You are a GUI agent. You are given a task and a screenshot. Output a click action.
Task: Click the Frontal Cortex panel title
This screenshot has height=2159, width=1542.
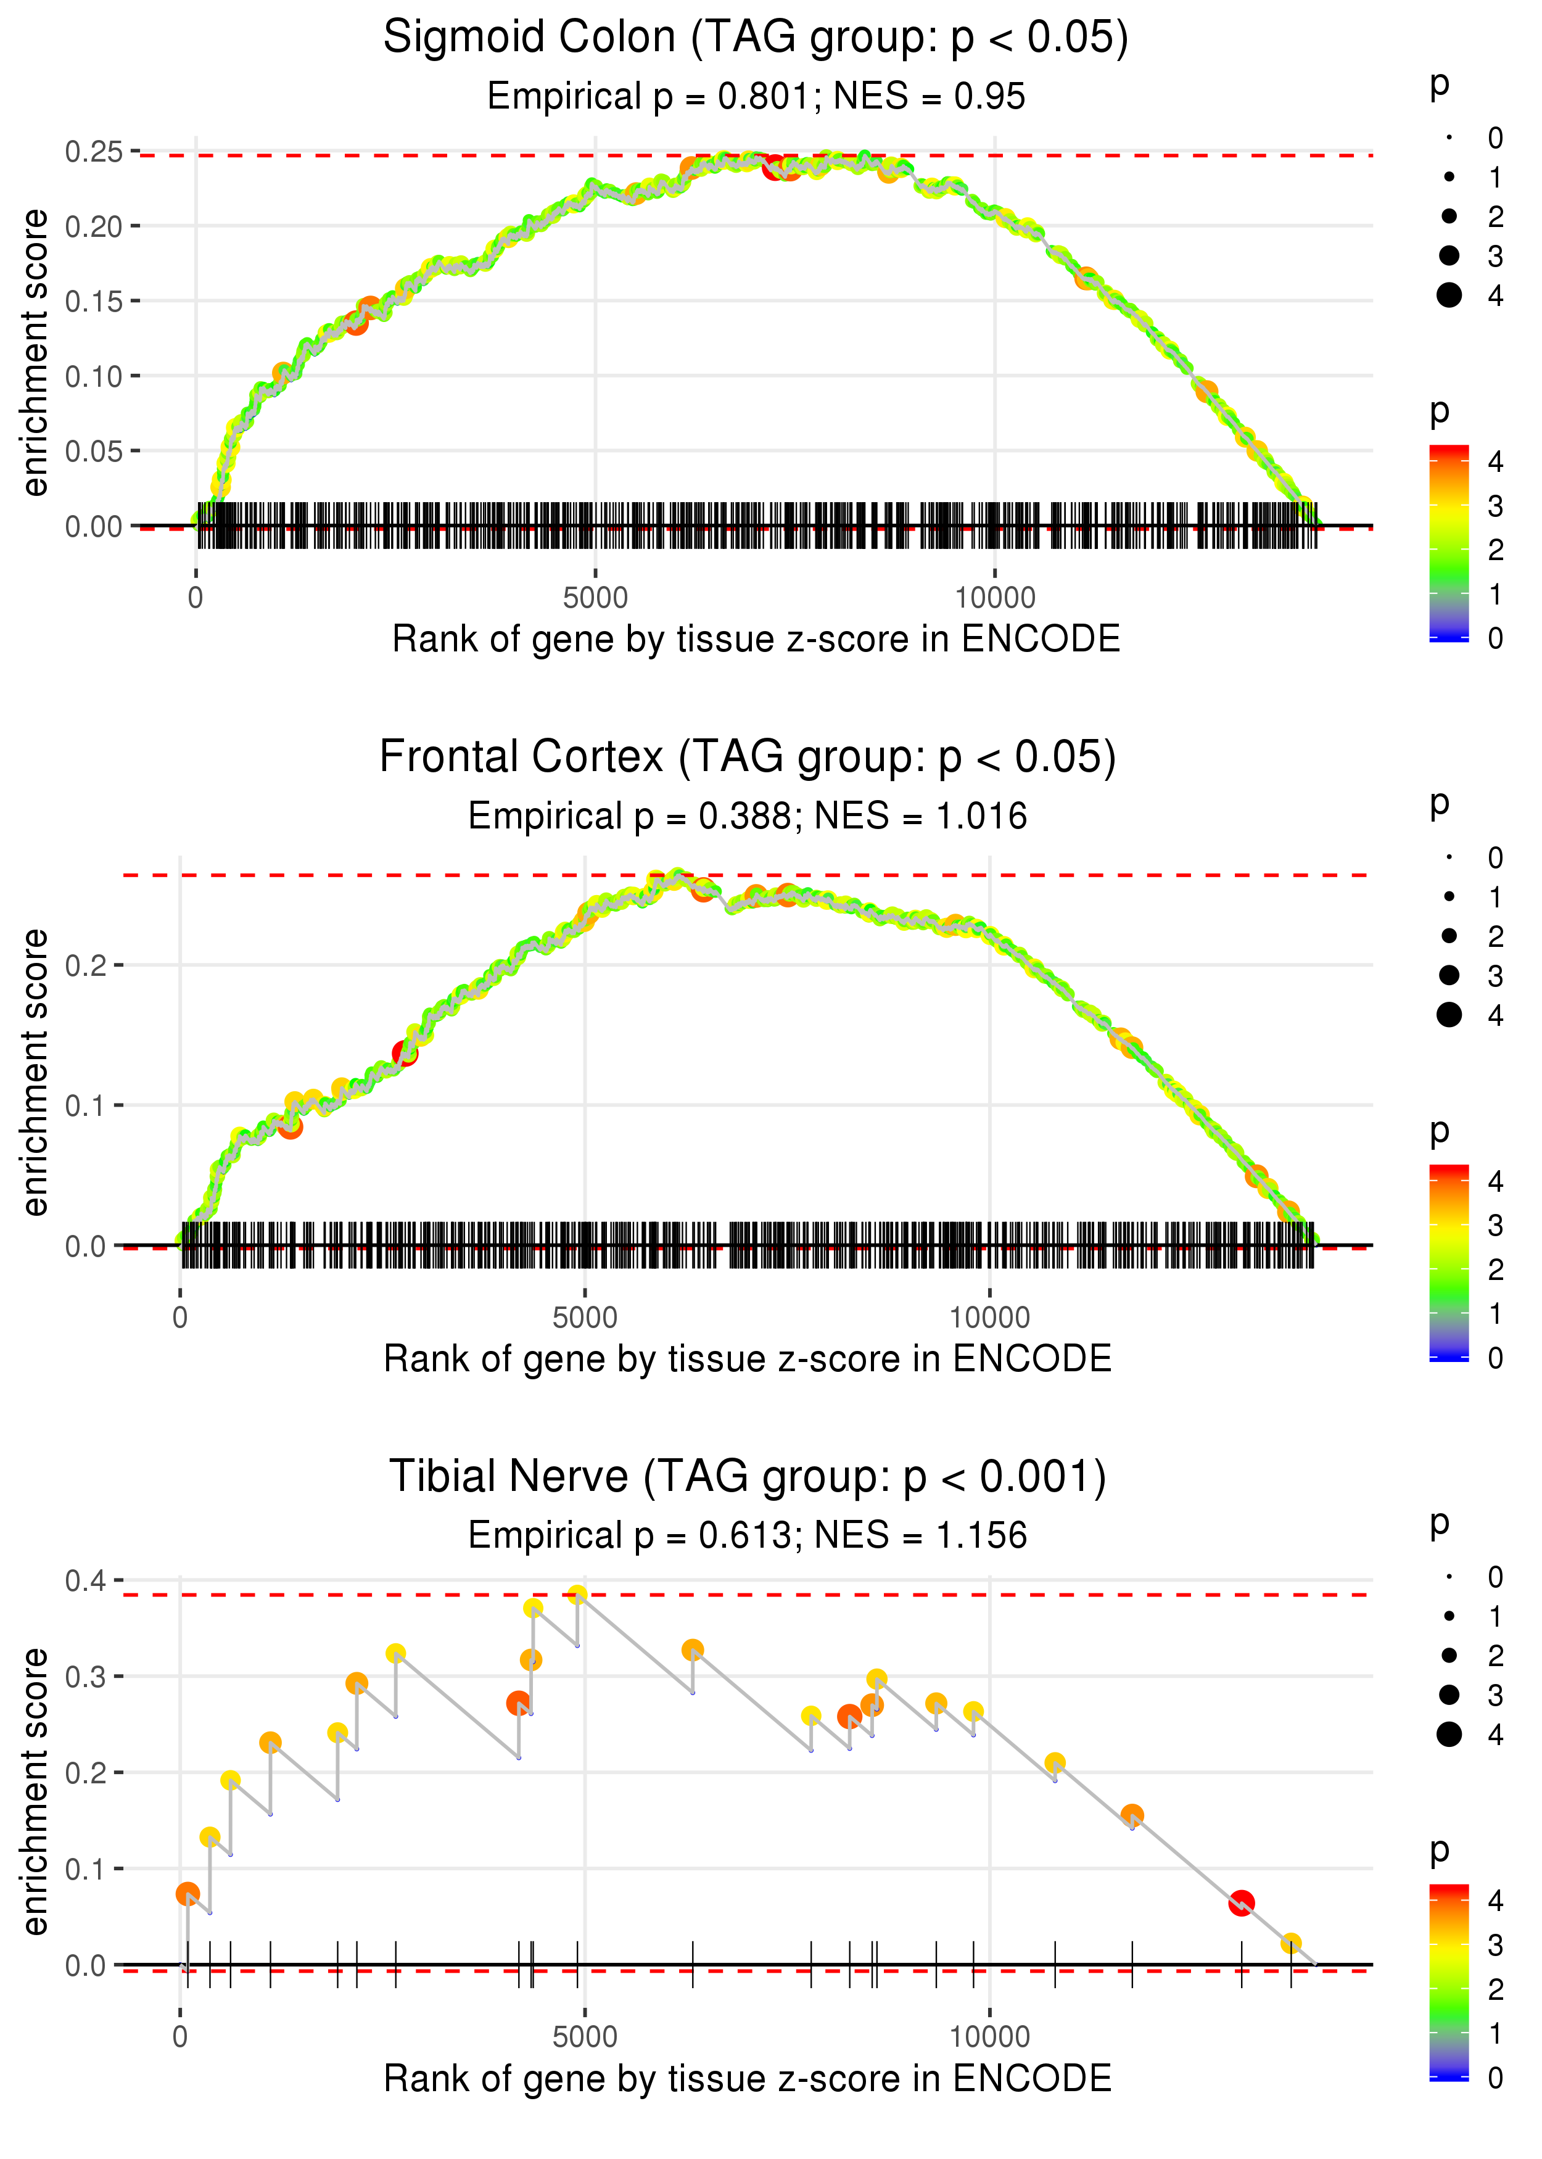748,758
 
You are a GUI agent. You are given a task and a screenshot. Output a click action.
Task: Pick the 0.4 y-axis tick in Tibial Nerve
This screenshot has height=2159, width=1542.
86,1581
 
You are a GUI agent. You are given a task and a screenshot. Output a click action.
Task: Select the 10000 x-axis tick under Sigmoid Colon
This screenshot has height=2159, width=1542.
994,598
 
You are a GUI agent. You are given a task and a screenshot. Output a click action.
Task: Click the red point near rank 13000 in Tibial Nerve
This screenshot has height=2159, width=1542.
1241,1902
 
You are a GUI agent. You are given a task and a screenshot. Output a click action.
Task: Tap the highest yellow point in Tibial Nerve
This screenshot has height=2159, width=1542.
577,1595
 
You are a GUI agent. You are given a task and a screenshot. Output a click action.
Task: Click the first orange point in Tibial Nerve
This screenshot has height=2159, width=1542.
188,1894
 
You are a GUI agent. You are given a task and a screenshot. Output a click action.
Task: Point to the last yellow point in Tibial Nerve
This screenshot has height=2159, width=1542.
1290,1944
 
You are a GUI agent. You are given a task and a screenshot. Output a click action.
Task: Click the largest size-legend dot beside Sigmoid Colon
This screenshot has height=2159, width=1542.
1449,295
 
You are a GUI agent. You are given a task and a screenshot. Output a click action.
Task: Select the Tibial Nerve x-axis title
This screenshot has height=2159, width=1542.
748,2078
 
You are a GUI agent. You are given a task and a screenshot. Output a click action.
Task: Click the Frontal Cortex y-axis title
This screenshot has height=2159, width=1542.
35,1072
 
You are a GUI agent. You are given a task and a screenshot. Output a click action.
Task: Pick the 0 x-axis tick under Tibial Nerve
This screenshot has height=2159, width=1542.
180,2037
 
